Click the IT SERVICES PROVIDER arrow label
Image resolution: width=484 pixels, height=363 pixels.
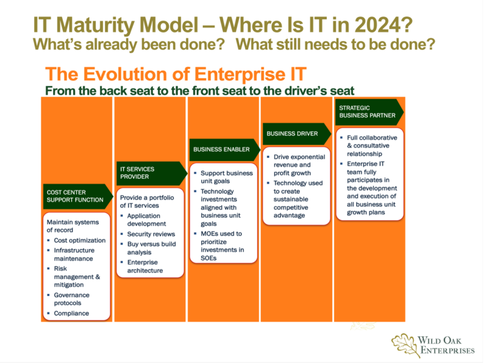[x=152, y=173]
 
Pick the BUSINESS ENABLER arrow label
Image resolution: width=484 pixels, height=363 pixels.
[x=225, y=150]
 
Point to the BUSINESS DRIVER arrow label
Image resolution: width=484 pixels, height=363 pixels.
[x=297, y=134]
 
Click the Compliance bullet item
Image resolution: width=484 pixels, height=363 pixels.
[x=71, y=313]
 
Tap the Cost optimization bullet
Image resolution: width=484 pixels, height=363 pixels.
[x=79, y=241]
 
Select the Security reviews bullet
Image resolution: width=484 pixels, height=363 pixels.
[x=151, y=234]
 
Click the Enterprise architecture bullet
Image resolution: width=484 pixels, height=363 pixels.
[x=145, y=267]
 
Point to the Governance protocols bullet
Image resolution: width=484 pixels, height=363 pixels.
[x=72, y=299]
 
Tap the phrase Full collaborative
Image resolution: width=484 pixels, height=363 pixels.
[x=372, y=138]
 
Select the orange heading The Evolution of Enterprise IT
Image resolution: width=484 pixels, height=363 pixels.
[x=176, y=74]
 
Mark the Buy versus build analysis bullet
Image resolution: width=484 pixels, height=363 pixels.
[x=152, y=248]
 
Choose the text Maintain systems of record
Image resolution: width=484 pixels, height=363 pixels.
[x=72, y=226]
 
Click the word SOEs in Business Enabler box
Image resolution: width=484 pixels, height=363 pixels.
[x=208, y=258]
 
